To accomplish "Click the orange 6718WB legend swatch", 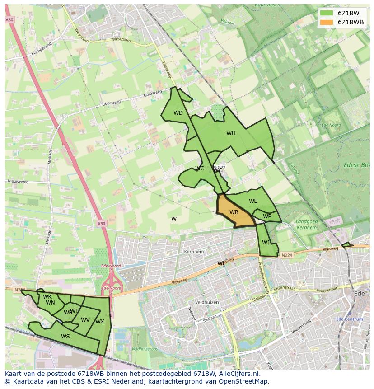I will tap(326, 22).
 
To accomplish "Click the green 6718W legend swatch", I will tap(326, 13).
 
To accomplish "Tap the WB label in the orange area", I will tap(234, 212).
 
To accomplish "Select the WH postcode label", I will tap(231, 133).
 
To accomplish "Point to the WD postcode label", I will tap(178, 113).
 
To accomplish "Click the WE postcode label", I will tap(253, 201).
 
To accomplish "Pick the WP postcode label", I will tap(267, 216).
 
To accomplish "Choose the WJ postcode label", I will tap(266, 243).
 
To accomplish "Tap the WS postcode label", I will tap(65, 336).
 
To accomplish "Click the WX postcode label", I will tap(100, 322).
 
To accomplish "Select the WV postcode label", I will tap(85, 320).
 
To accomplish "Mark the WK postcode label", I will tap(47, 297).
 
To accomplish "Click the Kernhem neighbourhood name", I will tap(194, 252).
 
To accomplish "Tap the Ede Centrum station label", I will tap(349, 319).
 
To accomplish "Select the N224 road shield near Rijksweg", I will tap(286, 255).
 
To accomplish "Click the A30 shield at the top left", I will tap(9, 20).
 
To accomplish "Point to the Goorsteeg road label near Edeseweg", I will tap(152, 93).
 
